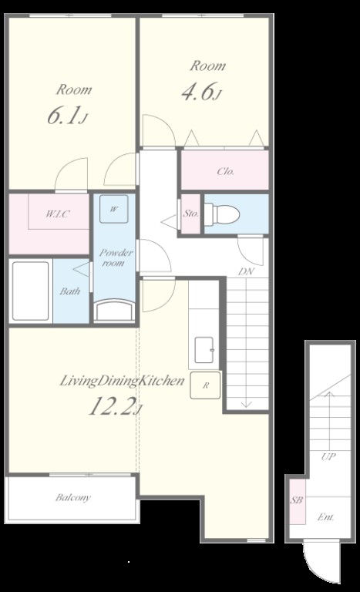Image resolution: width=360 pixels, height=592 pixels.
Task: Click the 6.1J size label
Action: point(67,116)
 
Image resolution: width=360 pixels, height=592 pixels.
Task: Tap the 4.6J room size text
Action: point(200,92)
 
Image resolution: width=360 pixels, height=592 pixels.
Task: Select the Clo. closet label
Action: point(226,171)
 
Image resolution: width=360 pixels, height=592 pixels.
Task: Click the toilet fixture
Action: point(222,214)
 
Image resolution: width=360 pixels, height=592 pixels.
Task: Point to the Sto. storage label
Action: point(190,214)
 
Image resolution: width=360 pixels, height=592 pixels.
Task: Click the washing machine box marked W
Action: point(113,209)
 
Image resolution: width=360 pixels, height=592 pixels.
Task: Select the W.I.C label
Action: point(58,214)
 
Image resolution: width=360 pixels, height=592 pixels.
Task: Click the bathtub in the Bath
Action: point(31,291)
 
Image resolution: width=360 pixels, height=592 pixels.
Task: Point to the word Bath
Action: point(70,291)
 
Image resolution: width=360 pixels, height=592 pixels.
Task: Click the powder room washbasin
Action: point(113,310)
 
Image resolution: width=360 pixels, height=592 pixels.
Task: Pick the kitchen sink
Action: point(204,350)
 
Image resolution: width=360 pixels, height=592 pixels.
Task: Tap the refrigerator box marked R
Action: point(205,385)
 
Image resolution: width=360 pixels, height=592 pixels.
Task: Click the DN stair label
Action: point(247,271)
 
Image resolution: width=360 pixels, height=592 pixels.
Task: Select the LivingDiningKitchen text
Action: point(122,381)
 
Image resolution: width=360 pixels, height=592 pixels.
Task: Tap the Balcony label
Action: point(73,498)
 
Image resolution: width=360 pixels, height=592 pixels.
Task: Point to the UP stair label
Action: point(328,456)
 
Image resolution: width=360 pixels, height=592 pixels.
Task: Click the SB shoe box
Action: point(298,501)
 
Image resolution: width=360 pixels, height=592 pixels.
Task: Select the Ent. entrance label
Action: point(325,517)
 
